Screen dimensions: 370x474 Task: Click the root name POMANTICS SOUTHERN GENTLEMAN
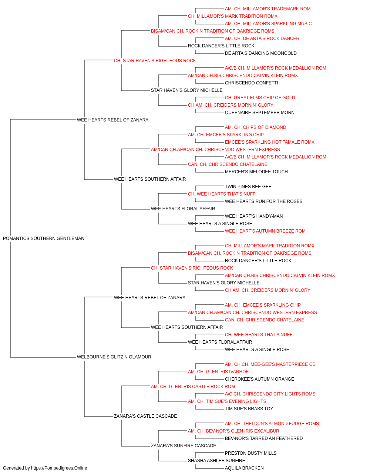pos(44,238)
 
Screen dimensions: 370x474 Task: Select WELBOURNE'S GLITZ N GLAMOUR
pos(114,357)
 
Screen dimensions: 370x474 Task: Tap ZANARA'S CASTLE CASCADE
pos(145,416)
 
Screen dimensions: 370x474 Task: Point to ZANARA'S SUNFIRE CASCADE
pos(184,446)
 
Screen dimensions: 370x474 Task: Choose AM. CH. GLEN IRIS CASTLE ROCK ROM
pos(193,387)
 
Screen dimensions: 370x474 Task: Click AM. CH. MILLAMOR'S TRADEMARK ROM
pos(268,9)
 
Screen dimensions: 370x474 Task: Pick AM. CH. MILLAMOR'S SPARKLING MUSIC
pos(268,24)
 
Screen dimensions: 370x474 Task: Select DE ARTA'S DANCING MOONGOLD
pos(260,53)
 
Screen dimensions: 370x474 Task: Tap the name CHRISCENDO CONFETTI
pos(252,83)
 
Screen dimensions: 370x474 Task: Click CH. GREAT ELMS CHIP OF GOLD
pos(260,98)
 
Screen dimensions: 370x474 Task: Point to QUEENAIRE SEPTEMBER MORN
pos(259,113)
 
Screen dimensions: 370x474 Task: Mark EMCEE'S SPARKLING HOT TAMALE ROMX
pos(270,142)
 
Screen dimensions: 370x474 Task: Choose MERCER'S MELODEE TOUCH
pos(256,172)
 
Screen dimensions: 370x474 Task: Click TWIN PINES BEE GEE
pos(248,187)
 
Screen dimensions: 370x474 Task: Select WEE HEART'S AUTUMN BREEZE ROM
pos(265,231)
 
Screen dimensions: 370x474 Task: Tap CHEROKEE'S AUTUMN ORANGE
pos(259,379)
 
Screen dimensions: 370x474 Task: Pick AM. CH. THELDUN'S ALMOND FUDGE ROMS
pos(272,424)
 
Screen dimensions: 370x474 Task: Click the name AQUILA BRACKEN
pos(244,468)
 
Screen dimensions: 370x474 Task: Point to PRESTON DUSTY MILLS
pos(250,453)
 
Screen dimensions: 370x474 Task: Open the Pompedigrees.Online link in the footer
pos(59,468)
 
